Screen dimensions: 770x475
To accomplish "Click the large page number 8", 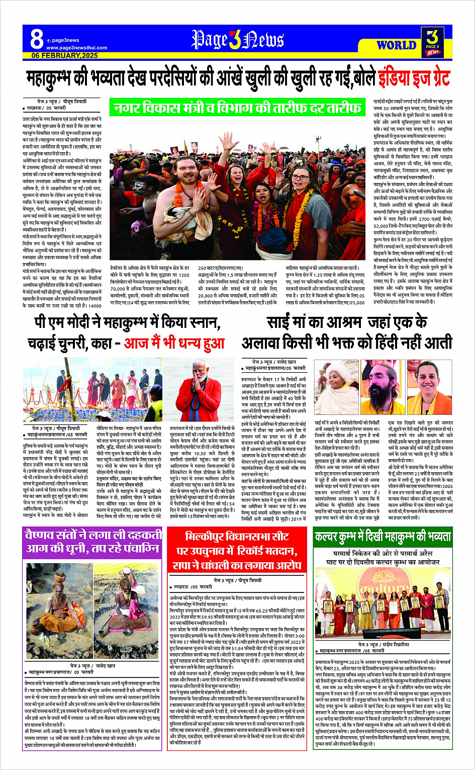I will [x=36, y=40].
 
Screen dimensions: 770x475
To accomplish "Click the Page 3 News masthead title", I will [x=237, y=40].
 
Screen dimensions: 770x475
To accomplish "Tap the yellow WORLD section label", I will [x=396, y=45].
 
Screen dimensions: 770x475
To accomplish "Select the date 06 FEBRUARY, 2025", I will [x=64, y=55].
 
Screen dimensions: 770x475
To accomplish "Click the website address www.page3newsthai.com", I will [x=76, y=48].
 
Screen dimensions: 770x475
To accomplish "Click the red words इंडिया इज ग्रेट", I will [x=415, y=78].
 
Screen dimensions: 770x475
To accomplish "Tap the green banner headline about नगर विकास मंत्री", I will [x=236, y=107].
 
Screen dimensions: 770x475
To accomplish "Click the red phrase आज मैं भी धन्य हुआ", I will [x=174, y=343].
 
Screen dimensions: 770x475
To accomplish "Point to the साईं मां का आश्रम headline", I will [x=347, y=332].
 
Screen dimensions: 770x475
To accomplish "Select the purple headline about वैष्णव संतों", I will [x=92, y=541].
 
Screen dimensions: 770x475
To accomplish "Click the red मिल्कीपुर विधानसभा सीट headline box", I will [x=237, y=550].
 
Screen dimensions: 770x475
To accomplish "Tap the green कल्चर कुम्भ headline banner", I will [x=383, y=537].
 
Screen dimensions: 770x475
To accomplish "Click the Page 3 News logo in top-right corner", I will [x=432, y=42].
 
